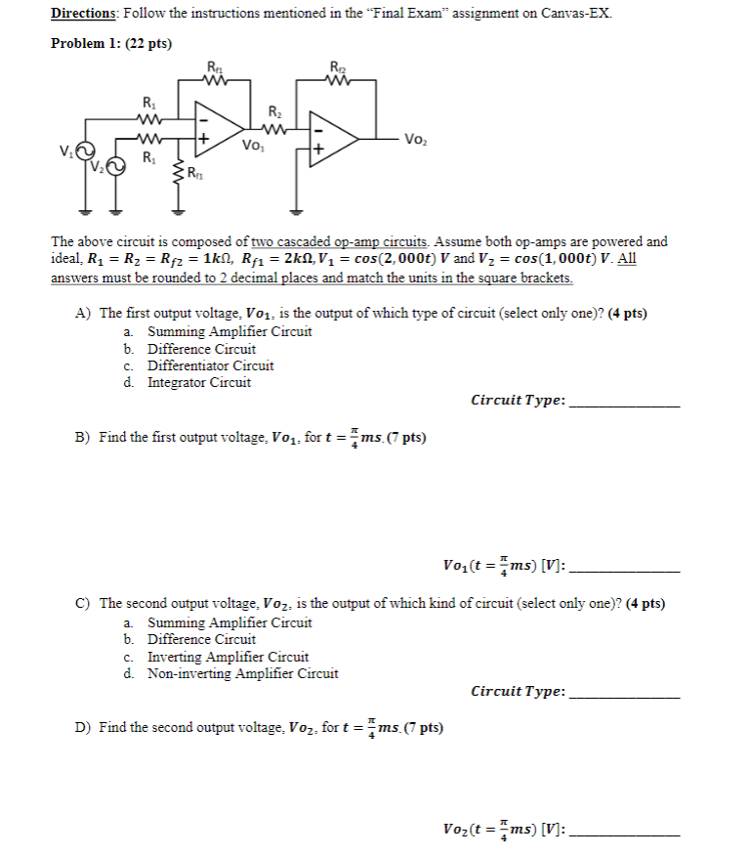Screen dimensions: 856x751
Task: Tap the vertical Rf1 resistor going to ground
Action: click(x=179, y=178)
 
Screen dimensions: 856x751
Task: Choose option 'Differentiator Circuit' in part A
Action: click(x=210, y=365)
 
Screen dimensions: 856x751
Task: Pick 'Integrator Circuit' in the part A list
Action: click(x=198, y=382)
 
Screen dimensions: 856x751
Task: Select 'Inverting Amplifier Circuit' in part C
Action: click(x=228, y=657)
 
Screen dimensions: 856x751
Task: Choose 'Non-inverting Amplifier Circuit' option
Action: click(x=242, y=673)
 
